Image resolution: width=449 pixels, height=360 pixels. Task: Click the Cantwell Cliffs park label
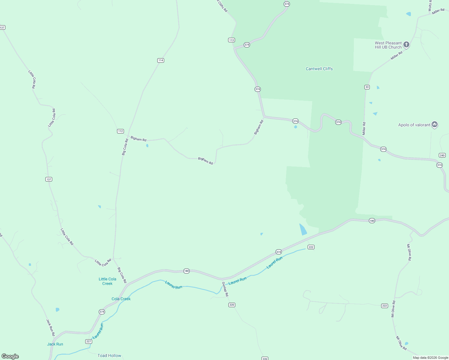(319, 69)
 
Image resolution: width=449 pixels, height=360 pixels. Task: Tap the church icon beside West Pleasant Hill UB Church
(406, 45)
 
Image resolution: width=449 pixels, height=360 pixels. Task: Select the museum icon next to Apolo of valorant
(434, 124)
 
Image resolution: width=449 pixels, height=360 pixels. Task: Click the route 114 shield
(161, 60)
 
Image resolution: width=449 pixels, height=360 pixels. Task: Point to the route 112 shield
(120, 131)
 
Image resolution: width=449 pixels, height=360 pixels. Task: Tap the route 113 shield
(231, 40)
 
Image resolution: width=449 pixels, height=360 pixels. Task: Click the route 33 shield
(367, 87)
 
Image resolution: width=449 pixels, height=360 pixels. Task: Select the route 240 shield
(442, 155)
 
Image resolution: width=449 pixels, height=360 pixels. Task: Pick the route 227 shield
(89, 341)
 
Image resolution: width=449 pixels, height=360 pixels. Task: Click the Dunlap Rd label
(225, 289)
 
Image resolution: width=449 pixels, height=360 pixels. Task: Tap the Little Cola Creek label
(107, 281)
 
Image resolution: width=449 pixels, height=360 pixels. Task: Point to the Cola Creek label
(121, 299)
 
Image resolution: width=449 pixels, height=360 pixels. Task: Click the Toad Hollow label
(109, 355)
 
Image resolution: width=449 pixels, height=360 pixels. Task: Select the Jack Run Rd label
(50, 327)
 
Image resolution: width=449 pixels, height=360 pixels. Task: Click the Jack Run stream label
(55, 344)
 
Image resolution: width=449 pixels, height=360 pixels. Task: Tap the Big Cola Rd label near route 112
(125, 147)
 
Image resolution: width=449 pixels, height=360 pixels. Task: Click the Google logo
(10, 356)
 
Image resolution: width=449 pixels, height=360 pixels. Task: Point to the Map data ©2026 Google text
(430, 358)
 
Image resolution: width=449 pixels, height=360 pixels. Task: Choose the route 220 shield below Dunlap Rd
(231, 305)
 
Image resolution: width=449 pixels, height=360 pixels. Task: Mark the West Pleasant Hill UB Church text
(388, 45)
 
